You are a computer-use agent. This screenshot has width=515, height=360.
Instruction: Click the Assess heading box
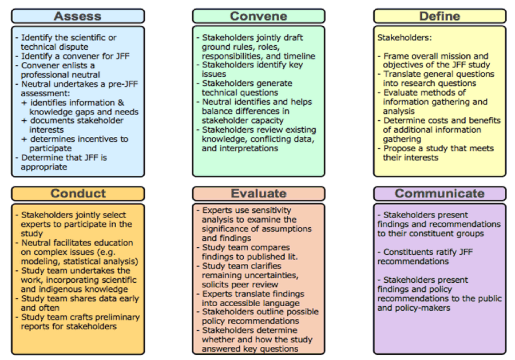[77, 15]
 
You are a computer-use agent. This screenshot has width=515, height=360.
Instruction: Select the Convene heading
[258, 15]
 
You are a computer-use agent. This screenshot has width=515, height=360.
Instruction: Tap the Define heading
[439, 15]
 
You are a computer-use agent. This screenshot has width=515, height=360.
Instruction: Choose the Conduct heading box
[77, 193]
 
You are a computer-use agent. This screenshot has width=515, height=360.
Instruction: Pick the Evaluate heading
[258, 193]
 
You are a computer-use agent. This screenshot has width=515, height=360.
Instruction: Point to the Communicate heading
[439, 193]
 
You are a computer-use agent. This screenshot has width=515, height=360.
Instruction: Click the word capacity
[260, 121]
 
